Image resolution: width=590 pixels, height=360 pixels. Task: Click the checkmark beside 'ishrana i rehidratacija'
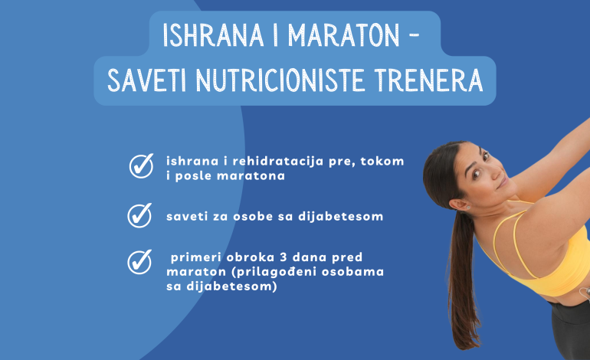pyautogui.click(x=140, y=166)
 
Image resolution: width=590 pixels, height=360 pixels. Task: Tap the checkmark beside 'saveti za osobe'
pyautogui.click(x=139, y=216)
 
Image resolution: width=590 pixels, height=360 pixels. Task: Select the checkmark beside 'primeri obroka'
pyautogui.click(x=139, y=262)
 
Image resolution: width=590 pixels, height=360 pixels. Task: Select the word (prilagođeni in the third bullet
pyautogui.click(x=256, y=273)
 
